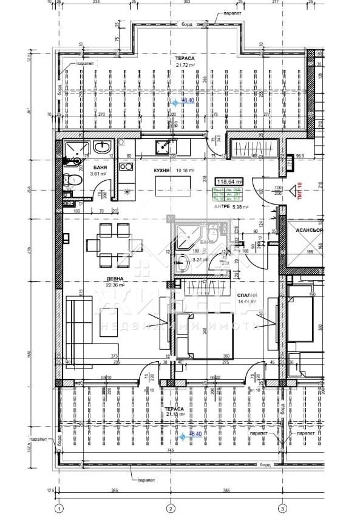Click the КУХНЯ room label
(161, 171)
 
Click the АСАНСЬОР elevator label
(309, 231)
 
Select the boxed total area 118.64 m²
(230, 181)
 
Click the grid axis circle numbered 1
(59, 507)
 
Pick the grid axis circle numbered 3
(282, 507)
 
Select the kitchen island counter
(163, 183)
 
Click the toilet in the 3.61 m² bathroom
(71, 180)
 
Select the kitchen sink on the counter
(163, 146)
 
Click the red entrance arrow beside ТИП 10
(290, 193)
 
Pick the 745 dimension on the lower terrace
(171, 450)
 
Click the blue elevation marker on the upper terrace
(175, 101)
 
